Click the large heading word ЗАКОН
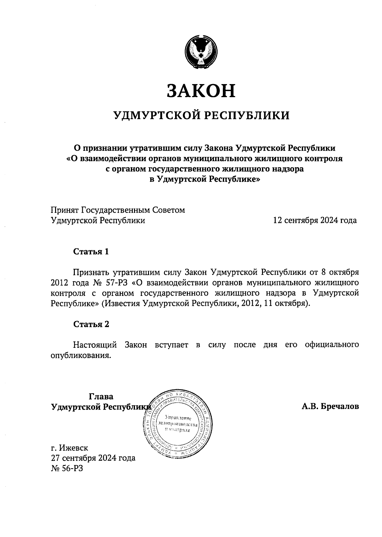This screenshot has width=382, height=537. click(201, 91)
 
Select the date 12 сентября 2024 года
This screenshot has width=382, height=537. click(315, 220)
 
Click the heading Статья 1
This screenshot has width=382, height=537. click(91, 252)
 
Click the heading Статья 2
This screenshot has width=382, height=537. click(91, 324)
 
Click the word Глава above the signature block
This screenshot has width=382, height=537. click(101, 397)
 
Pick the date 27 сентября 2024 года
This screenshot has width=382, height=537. click(93, 458)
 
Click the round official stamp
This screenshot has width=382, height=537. click(178, 424)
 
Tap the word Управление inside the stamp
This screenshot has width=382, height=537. click(178, 418)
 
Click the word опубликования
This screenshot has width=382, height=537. click(81, 355)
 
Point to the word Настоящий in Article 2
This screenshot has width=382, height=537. click(95, 345)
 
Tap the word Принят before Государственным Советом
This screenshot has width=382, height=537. click(65, 210)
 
